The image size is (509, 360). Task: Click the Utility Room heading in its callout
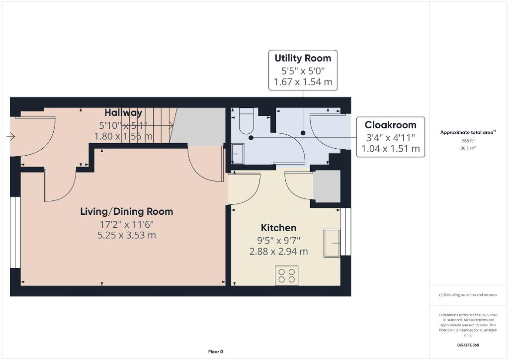point(303,59)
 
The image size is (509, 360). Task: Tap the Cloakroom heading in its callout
point(391,125)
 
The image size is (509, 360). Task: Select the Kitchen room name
point(278,228)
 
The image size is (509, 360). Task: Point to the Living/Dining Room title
point(127,212)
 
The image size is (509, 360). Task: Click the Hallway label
point(123,113)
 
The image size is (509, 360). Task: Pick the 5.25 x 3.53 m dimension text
point(127,235)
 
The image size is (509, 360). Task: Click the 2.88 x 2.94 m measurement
point(278,252)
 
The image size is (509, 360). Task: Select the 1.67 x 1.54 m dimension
point(303,82)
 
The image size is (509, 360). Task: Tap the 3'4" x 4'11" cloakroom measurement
point(391,138)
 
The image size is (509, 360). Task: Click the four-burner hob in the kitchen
point(287,275)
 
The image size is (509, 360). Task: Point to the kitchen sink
point(332,243)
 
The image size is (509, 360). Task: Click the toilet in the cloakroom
point(247,121)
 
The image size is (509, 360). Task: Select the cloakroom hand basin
point(237,154)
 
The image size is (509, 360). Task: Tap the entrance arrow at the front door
point(11,137)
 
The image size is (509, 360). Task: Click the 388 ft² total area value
point(468,141)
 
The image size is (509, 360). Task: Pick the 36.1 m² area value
point(468,148)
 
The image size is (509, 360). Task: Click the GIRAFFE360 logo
point(468,345)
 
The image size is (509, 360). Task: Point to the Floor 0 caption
point(216,352)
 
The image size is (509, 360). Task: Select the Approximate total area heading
point(468,132)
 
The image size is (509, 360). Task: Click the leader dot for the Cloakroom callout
point(251,138)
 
